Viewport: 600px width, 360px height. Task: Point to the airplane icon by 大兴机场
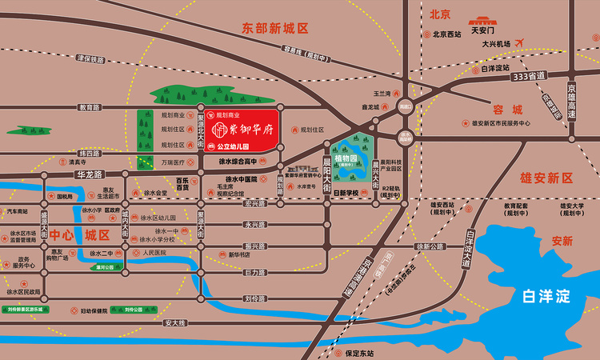(x=522, y=42)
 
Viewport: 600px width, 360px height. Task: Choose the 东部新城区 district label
(x=275, y=28)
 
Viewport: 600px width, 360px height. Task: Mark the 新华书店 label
(x=240, y=254)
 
